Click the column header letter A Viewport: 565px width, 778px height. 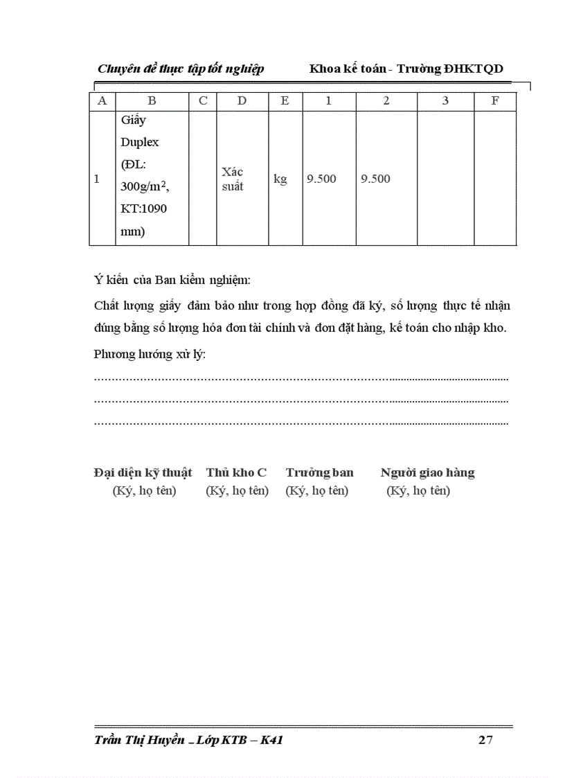pos(102,100)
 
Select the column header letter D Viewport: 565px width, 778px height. pos(242,100)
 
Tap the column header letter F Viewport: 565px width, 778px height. pos(495,100)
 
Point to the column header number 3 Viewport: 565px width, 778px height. pos(445,100)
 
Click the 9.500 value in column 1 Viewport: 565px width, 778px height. pos(321,179)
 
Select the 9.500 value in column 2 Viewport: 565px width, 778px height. pos(375,179)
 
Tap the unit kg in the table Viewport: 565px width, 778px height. pos(280,179)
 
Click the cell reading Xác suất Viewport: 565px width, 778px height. pos(233,179)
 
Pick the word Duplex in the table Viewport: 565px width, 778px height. pos(140,142)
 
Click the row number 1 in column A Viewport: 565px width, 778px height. pos(97,179)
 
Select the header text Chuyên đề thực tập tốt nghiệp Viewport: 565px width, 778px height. pos(181,69)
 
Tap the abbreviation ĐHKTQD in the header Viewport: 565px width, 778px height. pos(474,69)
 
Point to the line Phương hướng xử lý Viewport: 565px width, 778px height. pos(150,354)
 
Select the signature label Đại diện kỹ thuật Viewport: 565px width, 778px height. pos(143,472)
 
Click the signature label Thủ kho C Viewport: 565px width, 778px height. pos(236,472)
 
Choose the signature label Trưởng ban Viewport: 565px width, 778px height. pos(319,472)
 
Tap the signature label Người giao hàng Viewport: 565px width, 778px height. pos(427,472)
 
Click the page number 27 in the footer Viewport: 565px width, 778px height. pos(485,741)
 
